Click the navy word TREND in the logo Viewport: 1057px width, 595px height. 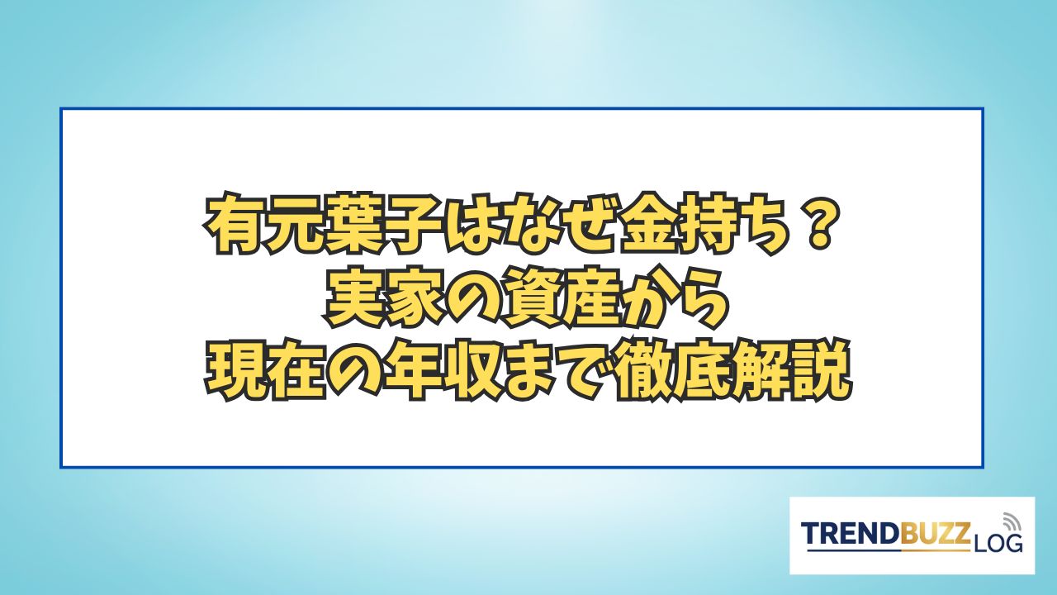click(x=851, y=534)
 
